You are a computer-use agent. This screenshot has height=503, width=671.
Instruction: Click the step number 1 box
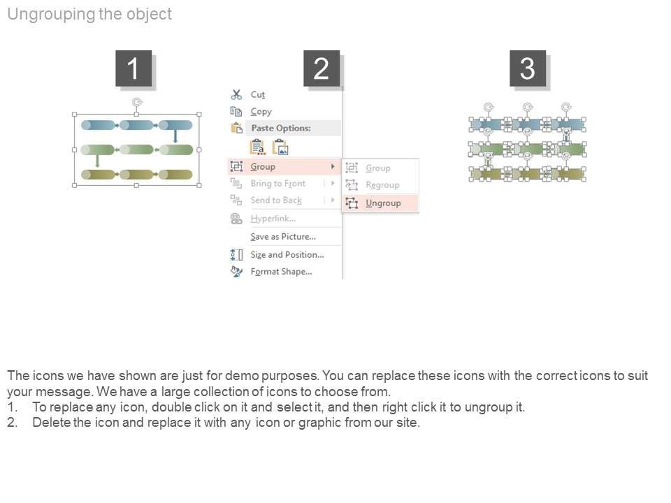(x=134, y=68)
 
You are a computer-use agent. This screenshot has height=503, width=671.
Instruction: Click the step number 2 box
(x=322, y=68)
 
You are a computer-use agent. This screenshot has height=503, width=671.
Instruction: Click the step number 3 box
(x=528, y=68)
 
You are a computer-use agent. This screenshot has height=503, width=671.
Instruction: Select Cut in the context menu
(x=258, y=94)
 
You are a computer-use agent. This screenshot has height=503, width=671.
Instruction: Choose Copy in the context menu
(x=261, y=112)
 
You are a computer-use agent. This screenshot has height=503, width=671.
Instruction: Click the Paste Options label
(x=280, y=129)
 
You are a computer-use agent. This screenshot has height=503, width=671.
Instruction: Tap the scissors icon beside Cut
(x=236, y=94)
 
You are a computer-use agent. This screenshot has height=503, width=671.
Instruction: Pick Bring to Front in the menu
(x=277, y=184)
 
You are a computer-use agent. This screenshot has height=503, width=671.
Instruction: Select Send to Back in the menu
(x=276, y=201)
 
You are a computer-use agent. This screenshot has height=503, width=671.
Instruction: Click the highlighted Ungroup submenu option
(x=383, y=203)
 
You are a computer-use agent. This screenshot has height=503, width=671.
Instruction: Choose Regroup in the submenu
(x=382, y=185)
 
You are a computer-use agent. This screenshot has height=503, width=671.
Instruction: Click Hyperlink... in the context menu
(x=273, y=219)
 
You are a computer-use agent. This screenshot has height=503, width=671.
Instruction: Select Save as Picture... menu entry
(x=283, y=237)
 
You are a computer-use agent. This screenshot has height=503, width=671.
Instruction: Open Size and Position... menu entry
(x=287, y=255)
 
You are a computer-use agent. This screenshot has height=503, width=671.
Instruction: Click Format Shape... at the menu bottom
(x=281, y=272)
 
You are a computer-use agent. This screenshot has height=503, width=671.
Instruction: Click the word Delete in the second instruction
(x=50, y=423)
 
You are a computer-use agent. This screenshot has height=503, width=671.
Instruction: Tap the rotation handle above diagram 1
(x=137, y=102)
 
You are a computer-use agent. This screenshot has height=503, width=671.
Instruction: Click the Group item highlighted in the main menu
(x=263, y=167)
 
